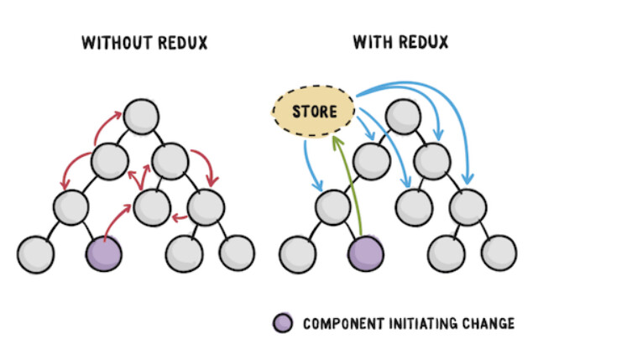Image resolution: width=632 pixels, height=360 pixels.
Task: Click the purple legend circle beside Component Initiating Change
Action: point(283,323)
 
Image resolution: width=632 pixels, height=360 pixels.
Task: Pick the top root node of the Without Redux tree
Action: point(140,117)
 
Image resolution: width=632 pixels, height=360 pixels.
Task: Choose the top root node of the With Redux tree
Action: point(402,117)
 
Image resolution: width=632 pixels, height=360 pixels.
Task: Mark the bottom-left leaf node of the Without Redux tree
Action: point(35,251)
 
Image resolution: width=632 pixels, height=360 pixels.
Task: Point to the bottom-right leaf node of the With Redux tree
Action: point(499,251)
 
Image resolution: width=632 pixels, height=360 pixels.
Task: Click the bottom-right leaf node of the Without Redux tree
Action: point(237,251)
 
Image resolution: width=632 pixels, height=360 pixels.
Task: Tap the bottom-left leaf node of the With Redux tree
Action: point(297,251)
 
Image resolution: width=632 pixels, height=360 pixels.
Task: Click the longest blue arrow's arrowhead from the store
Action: point(468,179)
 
